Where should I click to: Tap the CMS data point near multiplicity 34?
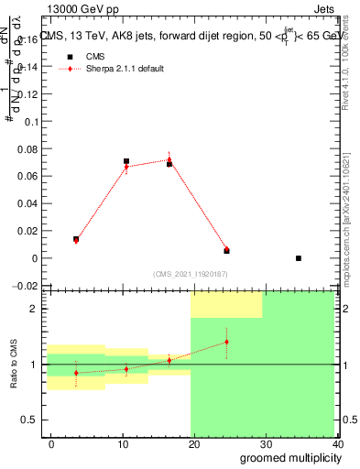[x=299, y=258]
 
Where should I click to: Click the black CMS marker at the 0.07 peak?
[x=126, y=161]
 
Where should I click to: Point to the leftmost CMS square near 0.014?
[x=76, y=239]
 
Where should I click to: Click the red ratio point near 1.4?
[x=226, y=342]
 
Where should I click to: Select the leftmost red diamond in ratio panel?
[x=76, y=373]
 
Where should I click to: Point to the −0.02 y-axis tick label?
[x=27, y=286]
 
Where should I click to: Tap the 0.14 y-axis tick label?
[x=29, y=68]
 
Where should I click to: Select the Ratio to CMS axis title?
[x=13, y=364]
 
